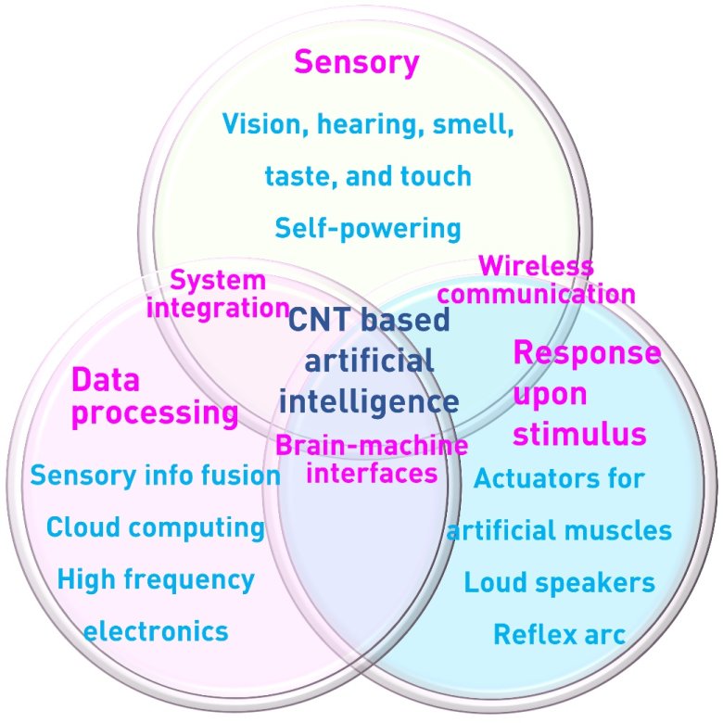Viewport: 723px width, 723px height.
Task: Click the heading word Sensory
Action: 357,63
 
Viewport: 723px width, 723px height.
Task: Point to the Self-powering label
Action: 368,227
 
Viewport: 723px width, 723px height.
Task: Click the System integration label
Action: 219,293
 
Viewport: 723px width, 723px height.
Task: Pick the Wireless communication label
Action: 536,280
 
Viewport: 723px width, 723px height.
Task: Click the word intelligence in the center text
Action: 369,401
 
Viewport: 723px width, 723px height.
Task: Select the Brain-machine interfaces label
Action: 371,459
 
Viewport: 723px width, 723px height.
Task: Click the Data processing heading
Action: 154,396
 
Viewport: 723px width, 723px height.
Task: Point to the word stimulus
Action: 579,433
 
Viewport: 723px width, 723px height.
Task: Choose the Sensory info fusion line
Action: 156,476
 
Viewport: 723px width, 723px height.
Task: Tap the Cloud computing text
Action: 156,527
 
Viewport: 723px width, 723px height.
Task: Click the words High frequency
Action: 156,580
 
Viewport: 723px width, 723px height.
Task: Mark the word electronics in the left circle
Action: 156,632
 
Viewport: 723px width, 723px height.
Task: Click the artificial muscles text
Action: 559,531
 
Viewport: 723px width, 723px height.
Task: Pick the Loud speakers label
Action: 559,583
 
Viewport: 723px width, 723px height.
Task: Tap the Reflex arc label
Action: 559,635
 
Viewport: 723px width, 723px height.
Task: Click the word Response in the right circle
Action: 587,353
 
